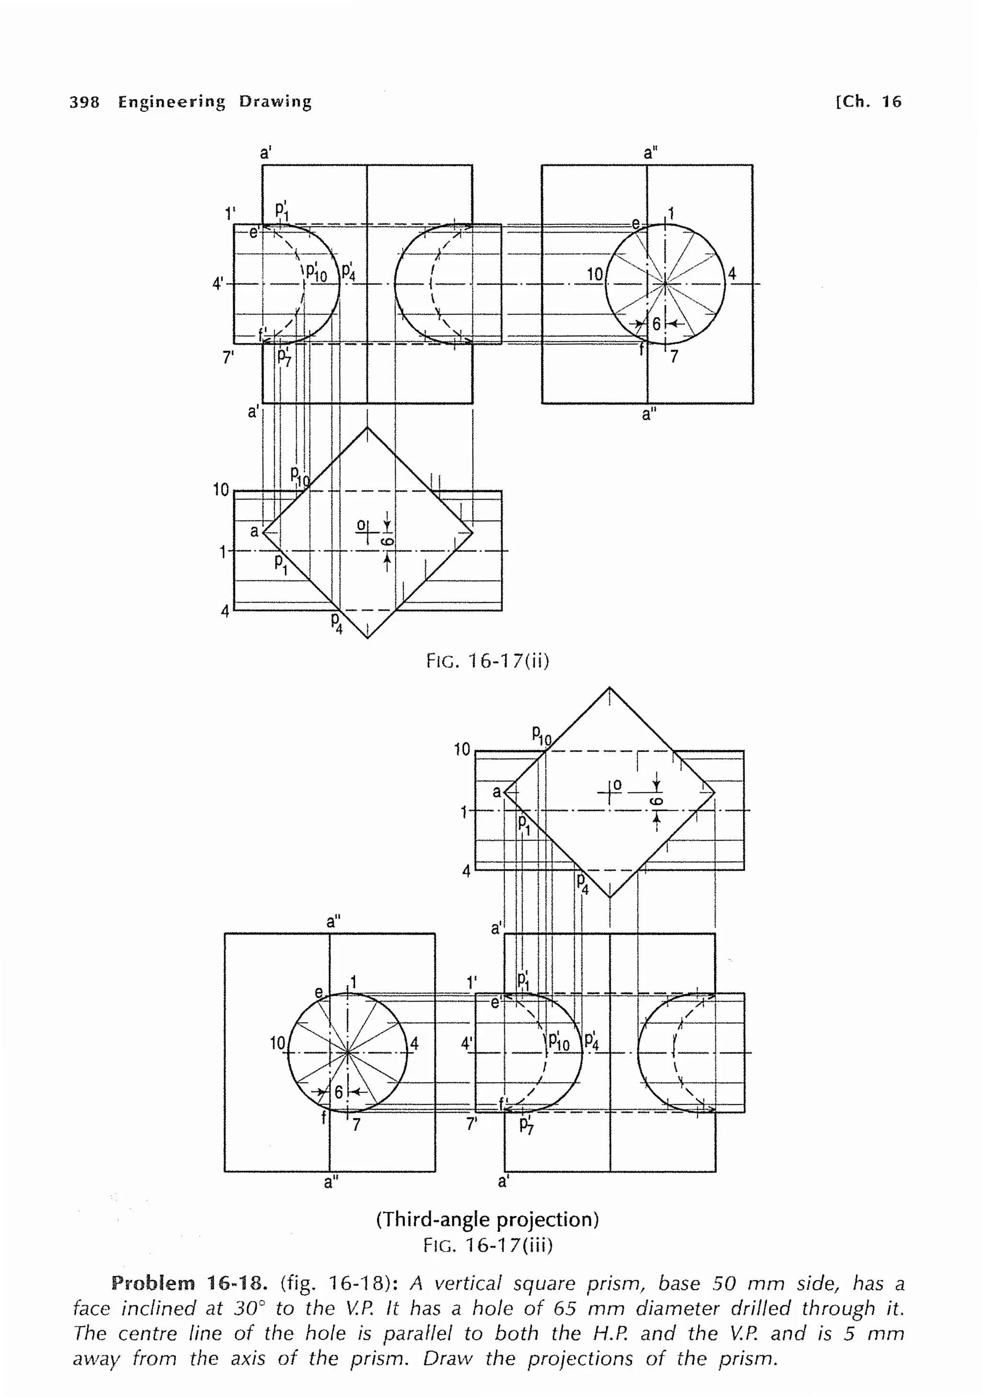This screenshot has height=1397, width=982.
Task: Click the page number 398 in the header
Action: (x=84, y=102)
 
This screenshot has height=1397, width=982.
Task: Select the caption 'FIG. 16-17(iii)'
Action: (x=488, y=1246)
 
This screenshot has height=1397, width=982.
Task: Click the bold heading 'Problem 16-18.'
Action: (x=189, y=1284)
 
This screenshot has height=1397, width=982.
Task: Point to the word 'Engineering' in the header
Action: (x=172, y=102)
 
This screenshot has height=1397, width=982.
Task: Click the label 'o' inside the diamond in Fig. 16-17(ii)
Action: (x=361, y=524)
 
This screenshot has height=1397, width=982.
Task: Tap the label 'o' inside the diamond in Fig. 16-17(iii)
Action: (x=618, y=785)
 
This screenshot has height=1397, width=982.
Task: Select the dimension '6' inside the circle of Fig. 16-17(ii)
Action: (x=656, y=324)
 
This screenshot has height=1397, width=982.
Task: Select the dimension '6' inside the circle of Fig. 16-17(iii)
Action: (x=339, y=1092)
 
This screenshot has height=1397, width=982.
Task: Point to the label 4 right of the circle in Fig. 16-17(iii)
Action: (x=414, y=1044)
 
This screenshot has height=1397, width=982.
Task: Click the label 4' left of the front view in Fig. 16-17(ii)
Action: (x=218, y=283)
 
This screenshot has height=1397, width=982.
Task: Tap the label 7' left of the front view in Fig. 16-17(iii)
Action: (x=471, y=1124)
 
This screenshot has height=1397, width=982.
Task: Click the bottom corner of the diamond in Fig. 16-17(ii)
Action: (x=367, y=638)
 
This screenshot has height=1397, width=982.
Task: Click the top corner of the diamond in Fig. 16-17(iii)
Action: (x=609, y=688)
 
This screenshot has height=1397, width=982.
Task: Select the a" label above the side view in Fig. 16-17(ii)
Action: (x=650, y=153)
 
